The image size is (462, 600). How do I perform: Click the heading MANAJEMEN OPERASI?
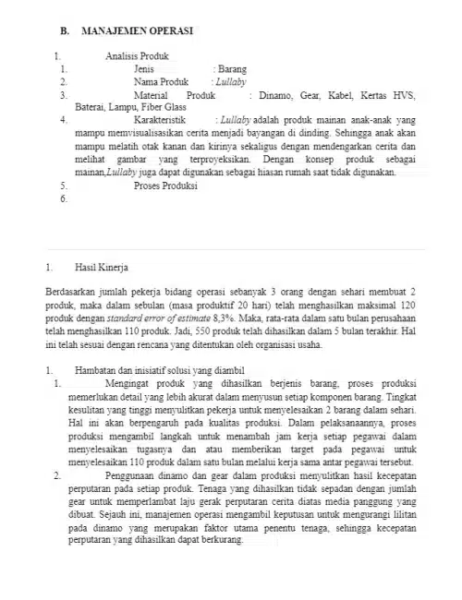(x=138, y=30)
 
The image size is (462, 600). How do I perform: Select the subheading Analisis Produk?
(x=138, y=56)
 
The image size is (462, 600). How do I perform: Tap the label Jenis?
(x=143, y=69)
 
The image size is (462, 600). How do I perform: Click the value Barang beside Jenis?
(x=232, y=69)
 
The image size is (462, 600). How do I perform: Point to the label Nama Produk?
(x=161, y=82)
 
